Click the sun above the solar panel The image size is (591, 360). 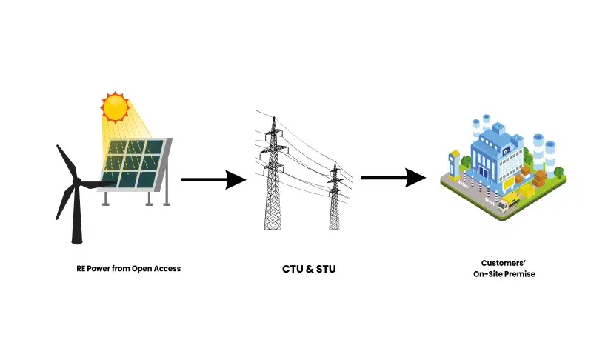click(116, 107)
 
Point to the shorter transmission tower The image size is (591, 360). click(335, 196)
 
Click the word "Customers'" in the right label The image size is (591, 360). click(504, 263)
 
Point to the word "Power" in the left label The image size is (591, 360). click(100, 268)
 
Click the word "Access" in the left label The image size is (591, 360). click(166, 268)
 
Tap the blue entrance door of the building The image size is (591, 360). click(485, 172)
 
